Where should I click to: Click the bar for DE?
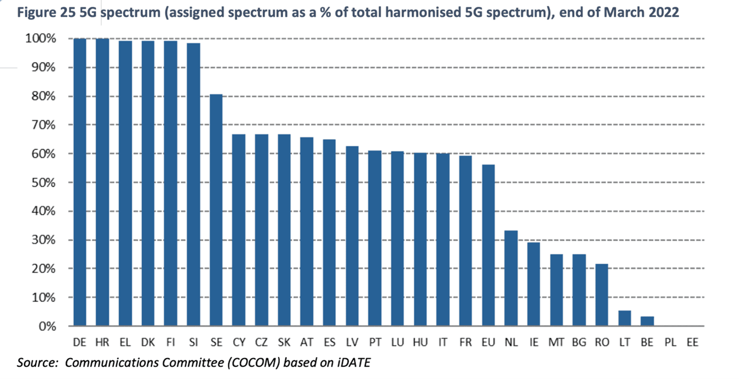[79, 182]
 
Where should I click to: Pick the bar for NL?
[511, 278]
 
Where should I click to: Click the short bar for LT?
[624, 318]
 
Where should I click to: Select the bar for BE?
[647, 321]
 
